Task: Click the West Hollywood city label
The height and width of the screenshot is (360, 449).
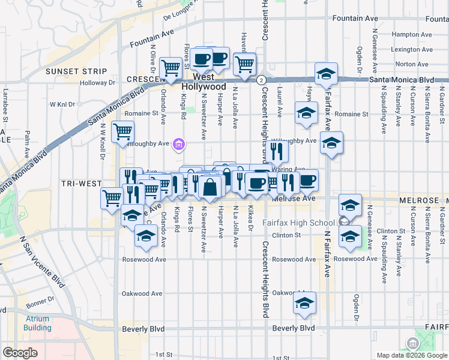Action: (204, 82)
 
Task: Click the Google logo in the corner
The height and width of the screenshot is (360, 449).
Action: (20, 353)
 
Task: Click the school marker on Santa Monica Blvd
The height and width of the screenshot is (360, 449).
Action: (326, 73)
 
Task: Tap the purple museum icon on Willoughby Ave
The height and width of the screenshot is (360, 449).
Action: (179, 144)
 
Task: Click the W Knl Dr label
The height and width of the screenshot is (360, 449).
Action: (62, 104)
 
